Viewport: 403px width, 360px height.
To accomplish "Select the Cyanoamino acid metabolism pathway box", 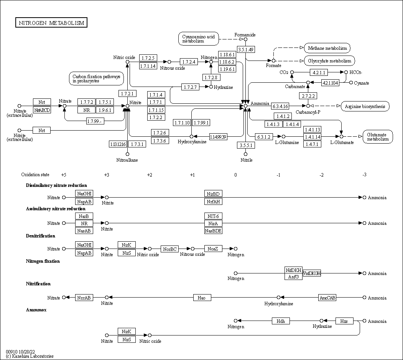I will pos(198,39).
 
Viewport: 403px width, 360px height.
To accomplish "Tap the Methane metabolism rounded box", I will pos(327,48).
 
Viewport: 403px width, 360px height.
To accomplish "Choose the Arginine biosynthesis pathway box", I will pos(365,106).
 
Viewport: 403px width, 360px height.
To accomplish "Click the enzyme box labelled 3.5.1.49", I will pos(246,49).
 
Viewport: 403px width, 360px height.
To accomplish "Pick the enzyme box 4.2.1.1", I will pos(319,72).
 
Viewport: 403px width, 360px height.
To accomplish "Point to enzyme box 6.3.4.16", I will pos(280,106).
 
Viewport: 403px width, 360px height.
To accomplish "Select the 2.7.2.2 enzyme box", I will pos(308,95).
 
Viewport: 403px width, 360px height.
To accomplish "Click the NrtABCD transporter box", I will pos(42,110).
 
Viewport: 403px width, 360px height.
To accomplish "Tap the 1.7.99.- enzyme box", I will pos(95,121).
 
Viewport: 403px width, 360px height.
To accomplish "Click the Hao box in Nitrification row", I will pos(202,298).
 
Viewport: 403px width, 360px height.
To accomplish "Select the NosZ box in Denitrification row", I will pos(213,249).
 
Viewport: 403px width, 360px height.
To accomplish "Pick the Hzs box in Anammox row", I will pos(344,321).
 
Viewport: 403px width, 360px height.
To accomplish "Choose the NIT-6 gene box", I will pos(213,216).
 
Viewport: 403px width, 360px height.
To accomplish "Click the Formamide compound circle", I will pos(246,39).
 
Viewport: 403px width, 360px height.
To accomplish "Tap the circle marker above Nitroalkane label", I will pos(127,154).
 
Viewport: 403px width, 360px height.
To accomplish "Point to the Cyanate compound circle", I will pos(351,82).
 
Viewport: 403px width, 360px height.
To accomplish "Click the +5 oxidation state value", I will pos(64,175).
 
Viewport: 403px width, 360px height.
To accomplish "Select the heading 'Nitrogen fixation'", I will pos(43,261).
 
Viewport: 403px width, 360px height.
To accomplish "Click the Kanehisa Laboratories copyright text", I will pos(30,356).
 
